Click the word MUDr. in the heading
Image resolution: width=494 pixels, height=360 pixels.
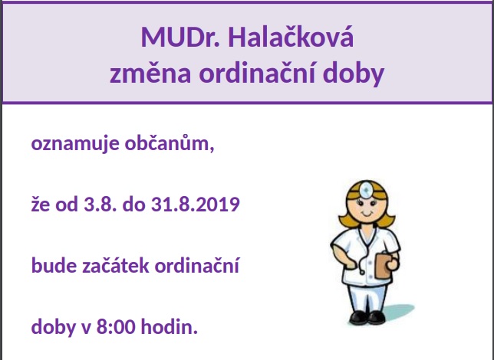pyautogui.click(x=180, y=37)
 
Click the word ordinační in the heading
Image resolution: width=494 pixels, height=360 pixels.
pyautogui.click(x=257, y=72)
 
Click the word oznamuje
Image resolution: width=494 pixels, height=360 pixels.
pyautogui.click(x=75, y=144)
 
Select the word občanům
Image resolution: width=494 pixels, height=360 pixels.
pyautogui.click(x=170, y=142)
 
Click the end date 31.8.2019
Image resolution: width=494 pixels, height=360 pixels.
pyautogui.click(x=196, y=204)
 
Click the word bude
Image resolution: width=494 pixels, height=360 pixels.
pyautogui.click(x=54, y=265)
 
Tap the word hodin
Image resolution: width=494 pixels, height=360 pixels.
pyautogui.click(x=170, y=326)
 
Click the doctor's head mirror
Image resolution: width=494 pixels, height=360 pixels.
pyautogui.click(x=366, y=189)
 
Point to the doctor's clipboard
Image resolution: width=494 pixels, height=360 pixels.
pyautogui.click(x=383, y=266)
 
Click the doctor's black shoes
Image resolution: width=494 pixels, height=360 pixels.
pyautogui.click(x=367, y=317)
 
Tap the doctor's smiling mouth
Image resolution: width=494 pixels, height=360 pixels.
pyautogui.click(x=367, y=214)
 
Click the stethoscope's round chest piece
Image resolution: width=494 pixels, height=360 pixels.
pyautogui.click(x=362, y=272)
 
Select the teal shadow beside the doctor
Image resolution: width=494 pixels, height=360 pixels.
pyautogui.click(x=399, y=312)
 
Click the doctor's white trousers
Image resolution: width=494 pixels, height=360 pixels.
pyautogui.click(x=367, y=298)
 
